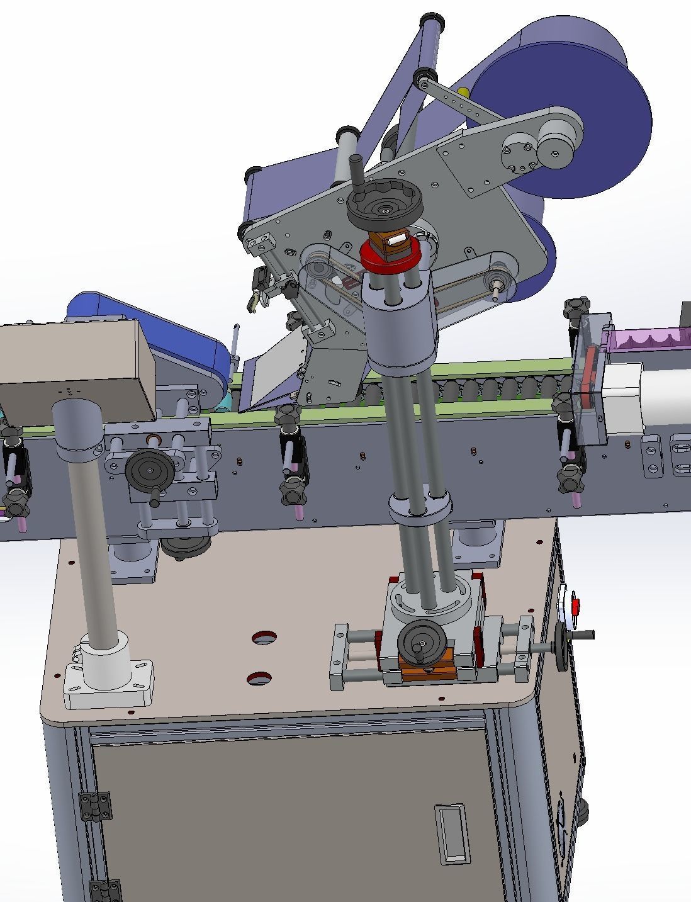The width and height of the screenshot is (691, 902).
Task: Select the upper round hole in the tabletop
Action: tap(265, 638)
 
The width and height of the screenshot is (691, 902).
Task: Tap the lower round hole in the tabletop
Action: tap(259, 679)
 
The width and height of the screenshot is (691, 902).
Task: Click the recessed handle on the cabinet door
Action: tap(452, 833)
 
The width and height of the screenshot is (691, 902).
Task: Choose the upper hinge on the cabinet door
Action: tap(95, 806)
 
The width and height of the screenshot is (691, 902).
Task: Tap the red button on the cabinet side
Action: tap(575, 606)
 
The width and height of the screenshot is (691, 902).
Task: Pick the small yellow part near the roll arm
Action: tap(463, 93)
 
